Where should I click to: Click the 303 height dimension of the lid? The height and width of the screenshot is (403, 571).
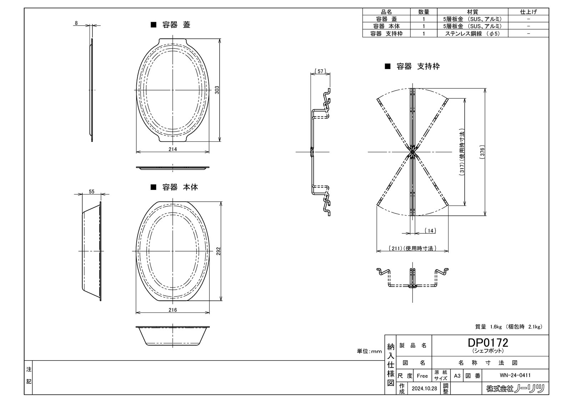point(217,90)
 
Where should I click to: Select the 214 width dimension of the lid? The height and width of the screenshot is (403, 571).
point(173,149)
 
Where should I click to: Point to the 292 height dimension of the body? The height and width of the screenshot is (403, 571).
point(218,251)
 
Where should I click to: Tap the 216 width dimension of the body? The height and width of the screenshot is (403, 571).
point(173,310)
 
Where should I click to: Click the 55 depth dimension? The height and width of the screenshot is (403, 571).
point(91,191)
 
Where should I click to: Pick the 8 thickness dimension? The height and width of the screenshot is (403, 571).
point(76,23)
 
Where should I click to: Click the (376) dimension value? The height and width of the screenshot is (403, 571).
point(482,152)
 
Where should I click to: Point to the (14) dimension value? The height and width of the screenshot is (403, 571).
point(430,231)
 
